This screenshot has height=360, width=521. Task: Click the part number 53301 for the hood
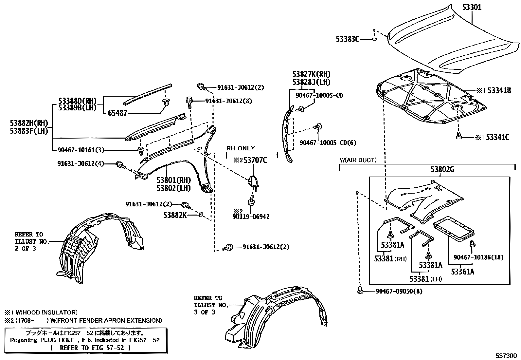point(472,7)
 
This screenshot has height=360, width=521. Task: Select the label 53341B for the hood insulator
point(498,91)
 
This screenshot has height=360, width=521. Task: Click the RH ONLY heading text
point(241,148)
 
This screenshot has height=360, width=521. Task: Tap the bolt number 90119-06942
point(251,217)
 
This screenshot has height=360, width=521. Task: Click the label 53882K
point(175,215)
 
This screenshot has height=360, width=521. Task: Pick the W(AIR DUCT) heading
point(358,160)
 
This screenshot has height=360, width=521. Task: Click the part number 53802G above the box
point(442,170)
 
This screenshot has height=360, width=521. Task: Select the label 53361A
point(463,272)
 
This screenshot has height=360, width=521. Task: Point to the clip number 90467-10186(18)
point(478,257)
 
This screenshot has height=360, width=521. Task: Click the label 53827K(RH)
point(311,74)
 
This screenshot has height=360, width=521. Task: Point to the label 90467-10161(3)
point(81,150)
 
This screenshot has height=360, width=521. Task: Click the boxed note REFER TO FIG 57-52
point(91,348)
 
